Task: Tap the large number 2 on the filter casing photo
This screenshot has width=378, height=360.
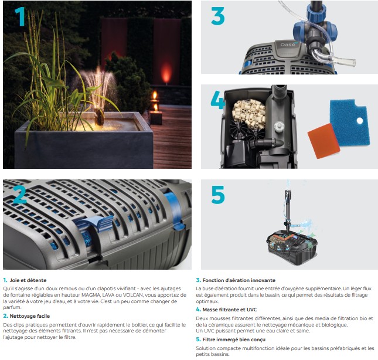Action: coord(20,195)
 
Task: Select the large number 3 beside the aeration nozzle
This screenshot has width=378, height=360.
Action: coord(218,16)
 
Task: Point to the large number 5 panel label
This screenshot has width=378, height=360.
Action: coord(218,195)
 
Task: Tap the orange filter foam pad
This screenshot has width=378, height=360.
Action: coord(323,141)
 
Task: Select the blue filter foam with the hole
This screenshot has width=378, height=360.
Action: coord(350,123)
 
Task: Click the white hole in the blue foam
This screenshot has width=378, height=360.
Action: coord(360,121)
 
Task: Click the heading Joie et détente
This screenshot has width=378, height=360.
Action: coord(28,280)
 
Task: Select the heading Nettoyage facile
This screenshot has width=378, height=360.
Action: coord(30,316)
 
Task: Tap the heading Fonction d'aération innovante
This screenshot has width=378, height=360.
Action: coord(239,280)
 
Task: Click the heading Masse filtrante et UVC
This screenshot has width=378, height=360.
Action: coord(230,310)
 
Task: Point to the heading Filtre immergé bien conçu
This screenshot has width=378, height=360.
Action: coord(234,339)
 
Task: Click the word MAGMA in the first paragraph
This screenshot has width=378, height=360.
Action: coord(91,295)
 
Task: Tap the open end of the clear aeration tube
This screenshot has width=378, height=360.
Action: coord(353,63)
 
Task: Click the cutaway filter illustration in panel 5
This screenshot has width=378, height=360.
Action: coord(292,244)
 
